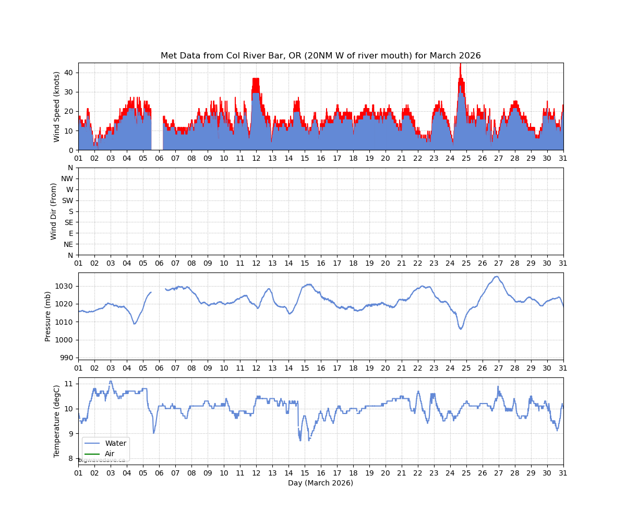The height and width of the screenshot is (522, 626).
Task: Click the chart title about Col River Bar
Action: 320,56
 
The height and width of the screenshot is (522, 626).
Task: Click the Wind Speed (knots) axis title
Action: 57,106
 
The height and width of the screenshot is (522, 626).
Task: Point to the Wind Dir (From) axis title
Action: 54,211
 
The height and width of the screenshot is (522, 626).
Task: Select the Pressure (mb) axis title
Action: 48,316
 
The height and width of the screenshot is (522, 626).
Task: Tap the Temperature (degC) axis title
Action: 57,421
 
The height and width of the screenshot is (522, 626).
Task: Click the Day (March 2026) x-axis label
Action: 320,483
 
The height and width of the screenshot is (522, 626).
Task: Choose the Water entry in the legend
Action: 115,444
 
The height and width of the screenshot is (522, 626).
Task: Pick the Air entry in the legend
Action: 110,454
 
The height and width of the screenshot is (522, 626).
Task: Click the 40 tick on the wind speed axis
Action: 69,73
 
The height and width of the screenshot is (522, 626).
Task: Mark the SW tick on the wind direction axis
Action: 68,200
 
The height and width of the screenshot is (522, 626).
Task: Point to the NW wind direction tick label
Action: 67,179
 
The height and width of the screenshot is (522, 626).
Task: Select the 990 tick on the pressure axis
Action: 68,358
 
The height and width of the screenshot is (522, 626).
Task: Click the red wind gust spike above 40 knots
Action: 460,66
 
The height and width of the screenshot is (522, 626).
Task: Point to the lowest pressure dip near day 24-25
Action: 461,329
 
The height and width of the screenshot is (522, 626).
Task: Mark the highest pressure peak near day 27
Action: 497,277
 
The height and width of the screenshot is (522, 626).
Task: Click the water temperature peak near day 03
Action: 111,381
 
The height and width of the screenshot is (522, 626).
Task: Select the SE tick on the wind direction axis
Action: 68,222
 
